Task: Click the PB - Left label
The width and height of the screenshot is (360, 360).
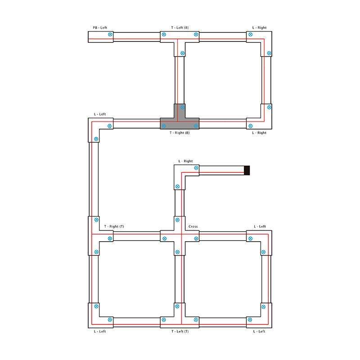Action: (100, 27)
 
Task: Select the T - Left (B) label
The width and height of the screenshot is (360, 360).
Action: (180, 27)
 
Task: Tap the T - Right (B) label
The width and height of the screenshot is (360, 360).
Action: (180, 133)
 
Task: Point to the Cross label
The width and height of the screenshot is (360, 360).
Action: (193, 226)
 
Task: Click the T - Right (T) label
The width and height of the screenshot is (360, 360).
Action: (114, 226)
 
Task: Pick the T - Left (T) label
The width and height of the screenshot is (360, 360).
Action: (180, 331)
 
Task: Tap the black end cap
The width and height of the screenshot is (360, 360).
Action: (247, 171)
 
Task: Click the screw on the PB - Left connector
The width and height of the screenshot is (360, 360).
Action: (110, 35)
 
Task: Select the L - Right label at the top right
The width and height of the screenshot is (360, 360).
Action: (260, 27)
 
